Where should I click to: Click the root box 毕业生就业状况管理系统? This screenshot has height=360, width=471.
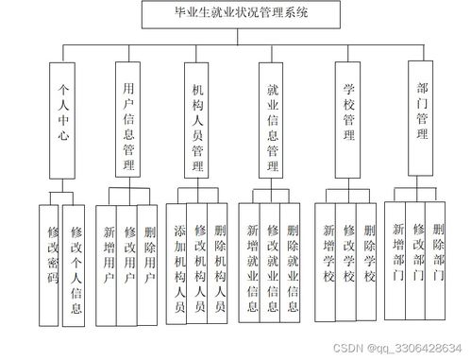click(x=235, y=14)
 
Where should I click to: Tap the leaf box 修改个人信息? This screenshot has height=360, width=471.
click(x=76, y=269)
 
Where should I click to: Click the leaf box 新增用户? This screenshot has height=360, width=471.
click(x=109, y=260)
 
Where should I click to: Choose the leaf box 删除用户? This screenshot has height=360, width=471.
click(x=147, y=260)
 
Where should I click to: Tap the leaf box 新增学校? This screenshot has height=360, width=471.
click(x=328, y=255)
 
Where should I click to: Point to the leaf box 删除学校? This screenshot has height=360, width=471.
click(x=369, y=255)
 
